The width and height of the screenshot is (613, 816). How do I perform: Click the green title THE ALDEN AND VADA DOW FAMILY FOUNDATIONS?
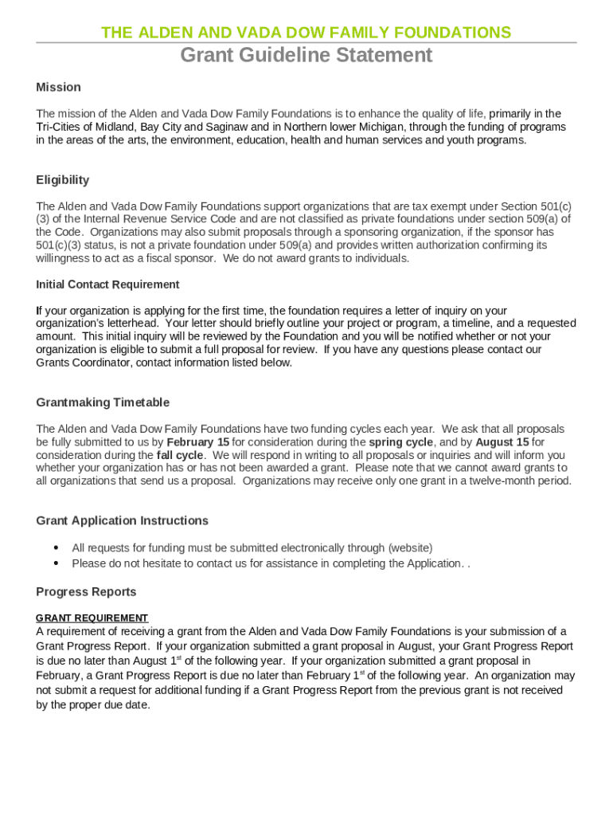[306, 33]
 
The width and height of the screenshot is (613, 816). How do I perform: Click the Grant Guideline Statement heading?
[306, 55]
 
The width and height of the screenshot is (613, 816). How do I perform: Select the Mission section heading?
[58, 87]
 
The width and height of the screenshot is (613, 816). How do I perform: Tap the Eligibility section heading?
[62, 179]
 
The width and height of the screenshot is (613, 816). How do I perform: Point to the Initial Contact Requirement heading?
[107, 284]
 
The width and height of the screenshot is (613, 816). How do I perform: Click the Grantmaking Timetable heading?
[103, 402]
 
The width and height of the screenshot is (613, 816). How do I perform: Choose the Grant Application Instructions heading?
[122, 520]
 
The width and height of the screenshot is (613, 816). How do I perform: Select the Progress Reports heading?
[86, 591]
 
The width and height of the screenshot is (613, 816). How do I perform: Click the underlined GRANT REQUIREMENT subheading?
[92, 618]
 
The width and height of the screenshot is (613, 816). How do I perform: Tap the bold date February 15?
[197, 442]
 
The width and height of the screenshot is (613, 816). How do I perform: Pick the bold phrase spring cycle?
[400, 442]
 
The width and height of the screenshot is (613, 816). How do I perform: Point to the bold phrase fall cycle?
[179, 455]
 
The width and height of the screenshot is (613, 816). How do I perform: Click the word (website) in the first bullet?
[410, 548]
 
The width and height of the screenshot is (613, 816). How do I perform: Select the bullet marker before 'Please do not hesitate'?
[56, 563]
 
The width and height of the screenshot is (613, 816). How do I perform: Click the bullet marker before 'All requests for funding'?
[56, 548]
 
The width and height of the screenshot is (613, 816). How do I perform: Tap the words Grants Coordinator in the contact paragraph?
[84, 363]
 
